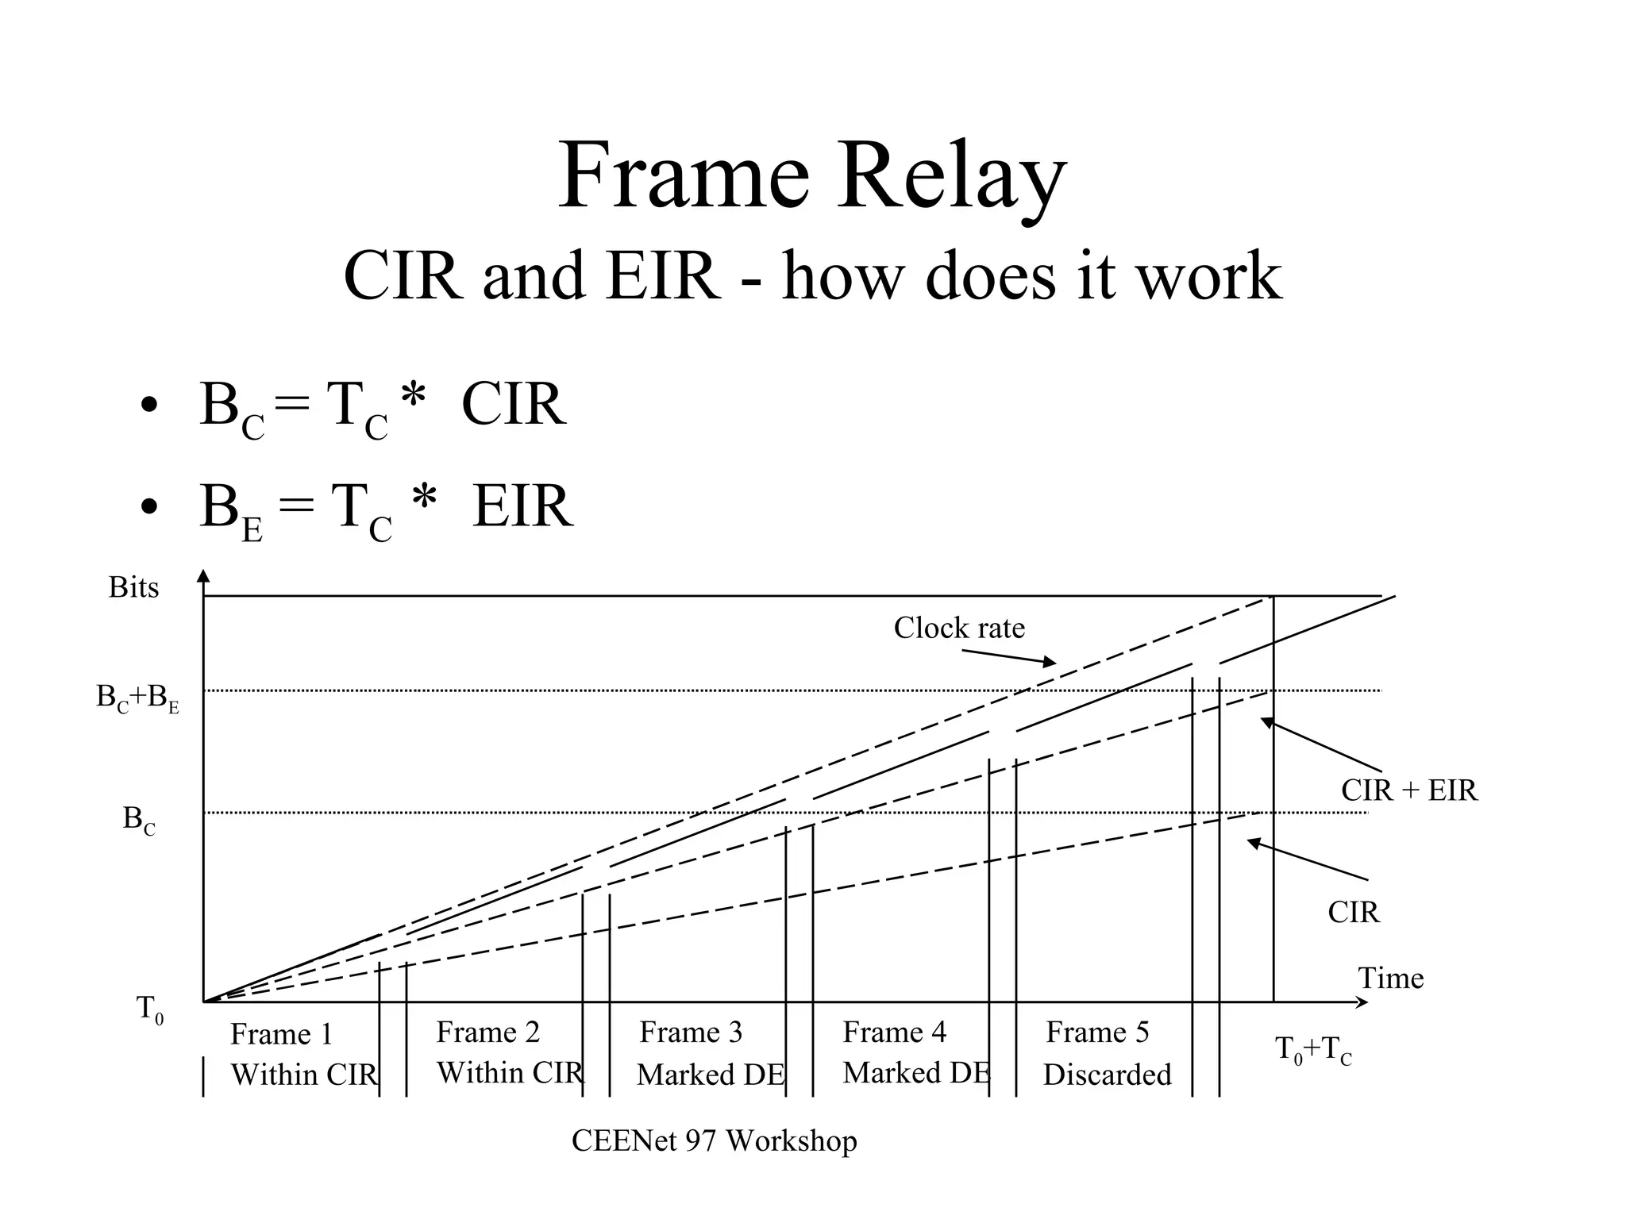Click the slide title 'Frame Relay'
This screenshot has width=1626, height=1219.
point(811,176)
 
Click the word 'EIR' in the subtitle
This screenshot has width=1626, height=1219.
point(663,275)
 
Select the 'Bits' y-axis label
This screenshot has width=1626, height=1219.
point(133,588)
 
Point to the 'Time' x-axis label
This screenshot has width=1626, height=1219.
point(1390,978)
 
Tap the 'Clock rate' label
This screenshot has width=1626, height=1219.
point(959,628)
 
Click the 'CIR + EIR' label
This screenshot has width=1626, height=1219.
point(1409,790)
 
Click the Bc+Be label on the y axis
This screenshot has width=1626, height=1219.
point(137,698)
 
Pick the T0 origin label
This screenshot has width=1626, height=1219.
point(150,1009)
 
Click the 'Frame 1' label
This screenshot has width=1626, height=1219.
point(281,1034)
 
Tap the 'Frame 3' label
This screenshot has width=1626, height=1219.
point(691,1032)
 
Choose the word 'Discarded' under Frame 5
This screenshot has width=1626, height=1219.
point(1107,1075)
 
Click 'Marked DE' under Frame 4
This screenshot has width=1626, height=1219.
point(916,1073)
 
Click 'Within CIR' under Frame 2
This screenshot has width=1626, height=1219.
point(510,1073)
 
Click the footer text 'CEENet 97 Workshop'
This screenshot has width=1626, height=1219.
point(714,1141)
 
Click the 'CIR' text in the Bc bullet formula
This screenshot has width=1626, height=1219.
point(514,405)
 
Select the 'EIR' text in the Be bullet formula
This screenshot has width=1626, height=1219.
point(522,506)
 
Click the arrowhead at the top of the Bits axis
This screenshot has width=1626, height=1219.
point(204,576)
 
